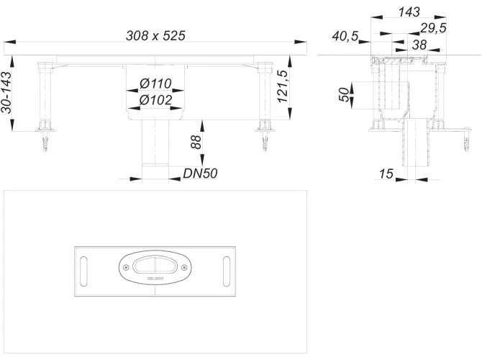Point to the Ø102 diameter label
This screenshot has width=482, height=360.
pos(155,100)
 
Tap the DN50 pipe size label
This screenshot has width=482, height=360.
pos(201,173)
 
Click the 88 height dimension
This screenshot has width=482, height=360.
pos(195,142)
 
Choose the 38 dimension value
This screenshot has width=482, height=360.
pos(419,44)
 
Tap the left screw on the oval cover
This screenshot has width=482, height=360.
pos(128,267)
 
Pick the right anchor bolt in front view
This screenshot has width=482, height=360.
pos(266,140)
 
